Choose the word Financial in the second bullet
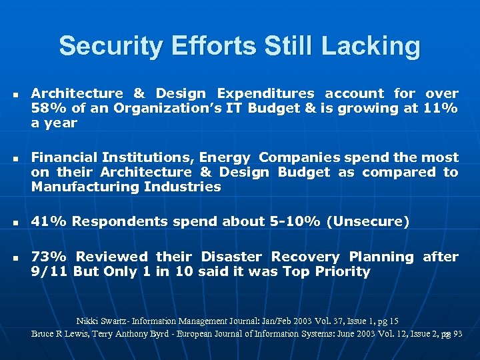tap(63, 157)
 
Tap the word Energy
tap(223, 157)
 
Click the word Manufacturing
tap(83, 187)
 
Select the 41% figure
tap(45, 221)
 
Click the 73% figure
tap(45, 257)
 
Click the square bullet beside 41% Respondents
tap(13, 222)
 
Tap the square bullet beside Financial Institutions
tap(13, 158)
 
